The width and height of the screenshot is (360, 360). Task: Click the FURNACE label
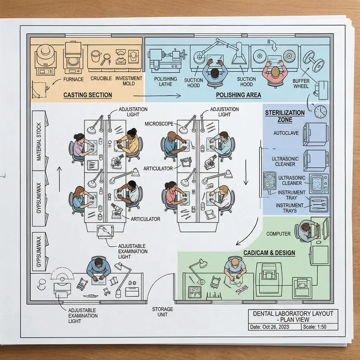pos(73,79)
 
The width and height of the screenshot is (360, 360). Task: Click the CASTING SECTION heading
pos(87,95)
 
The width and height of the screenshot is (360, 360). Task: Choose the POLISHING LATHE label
pos(165,81)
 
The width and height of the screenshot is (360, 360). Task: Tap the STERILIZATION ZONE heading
pos(285,116)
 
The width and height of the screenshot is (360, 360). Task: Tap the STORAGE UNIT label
pos(162,311)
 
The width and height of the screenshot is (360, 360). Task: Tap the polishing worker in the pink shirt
pos(274,72)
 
